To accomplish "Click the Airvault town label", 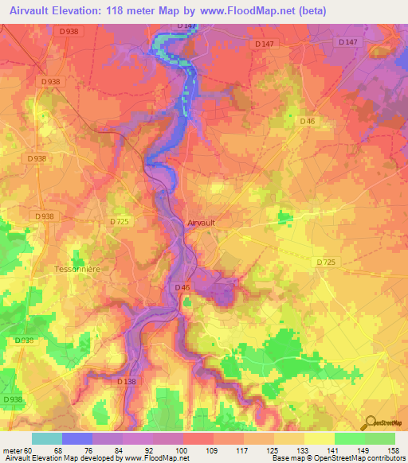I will pyautogui.click(x=201, y=224).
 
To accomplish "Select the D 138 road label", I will pyautogui.click(x=127, y=382).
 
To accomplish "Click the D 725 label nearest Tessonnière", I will pyautogui.click(x=119, y=220).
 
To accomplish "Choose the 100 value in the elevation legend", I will pyautogui.click(x=182, y=449).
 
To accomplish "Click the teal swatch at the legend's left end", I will pyautogui.click(x=47, y=438).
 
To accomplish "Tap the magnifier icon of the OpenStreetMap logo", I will pyautogui.click(x=369, y=422).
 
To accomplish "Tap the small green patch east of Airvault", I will pyautogui.click(x=284, y=216).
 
